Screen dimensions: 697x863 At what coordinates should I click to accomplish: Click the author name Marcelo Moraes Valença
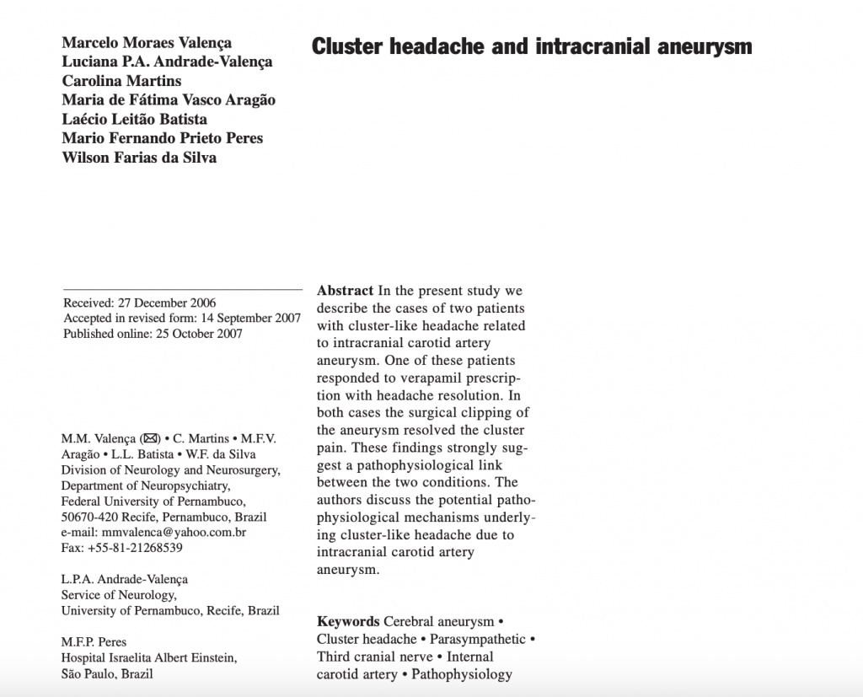[147, 43]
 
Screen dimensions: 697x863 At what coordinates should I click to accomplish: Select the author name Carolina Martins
[121, 81]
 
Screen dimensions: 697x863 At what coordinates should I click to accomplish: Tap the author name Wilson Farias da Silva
[139, 157]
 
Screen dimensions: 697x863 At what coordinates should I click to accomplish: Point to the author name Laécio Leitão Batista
[134, 119]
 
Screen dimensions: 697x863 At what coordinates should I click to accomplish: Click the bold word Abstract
[346, 291]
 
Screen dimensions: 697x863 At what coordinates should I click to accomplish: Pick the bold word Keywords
[348, 622]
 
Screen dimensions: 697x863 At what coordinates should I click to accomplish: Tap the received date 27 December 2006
[167, 303]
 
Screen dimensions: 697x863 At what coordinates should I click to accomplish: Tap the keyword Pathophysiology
[462, 673]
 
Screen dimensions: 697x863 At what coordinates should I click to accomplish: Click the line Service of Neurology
[119, 595]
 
